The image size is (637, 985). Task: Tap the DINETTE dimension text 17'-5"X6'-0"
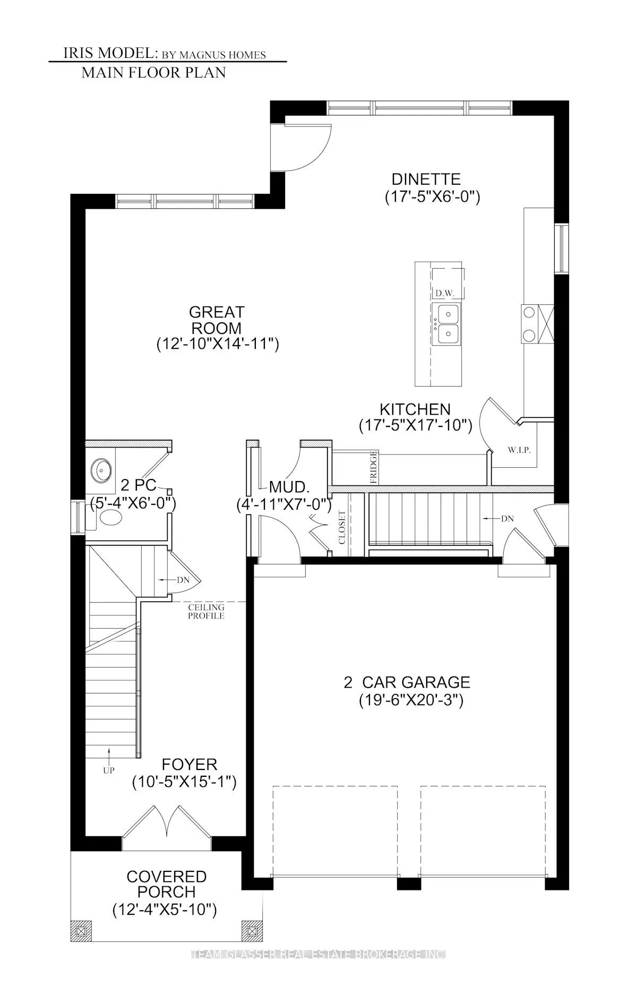coord(432,197)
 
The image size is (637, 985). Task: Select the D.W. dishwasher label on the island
coord(442,293)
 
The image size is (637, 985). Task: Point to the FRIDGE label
coord(374,467)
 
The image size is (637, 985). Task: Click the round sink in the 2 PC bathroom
coord(101,469)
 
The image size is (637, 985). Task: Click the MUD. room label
coord(289,486)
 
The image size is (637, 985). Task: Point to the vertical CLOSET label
coord(342,528)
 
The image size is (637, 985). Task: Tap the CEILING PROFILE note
coord(206,611)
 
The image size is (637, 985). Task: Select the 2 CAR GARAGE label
coord(407,682)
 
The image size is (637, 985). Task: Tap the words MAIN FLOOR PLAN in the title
coord(153,73)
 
